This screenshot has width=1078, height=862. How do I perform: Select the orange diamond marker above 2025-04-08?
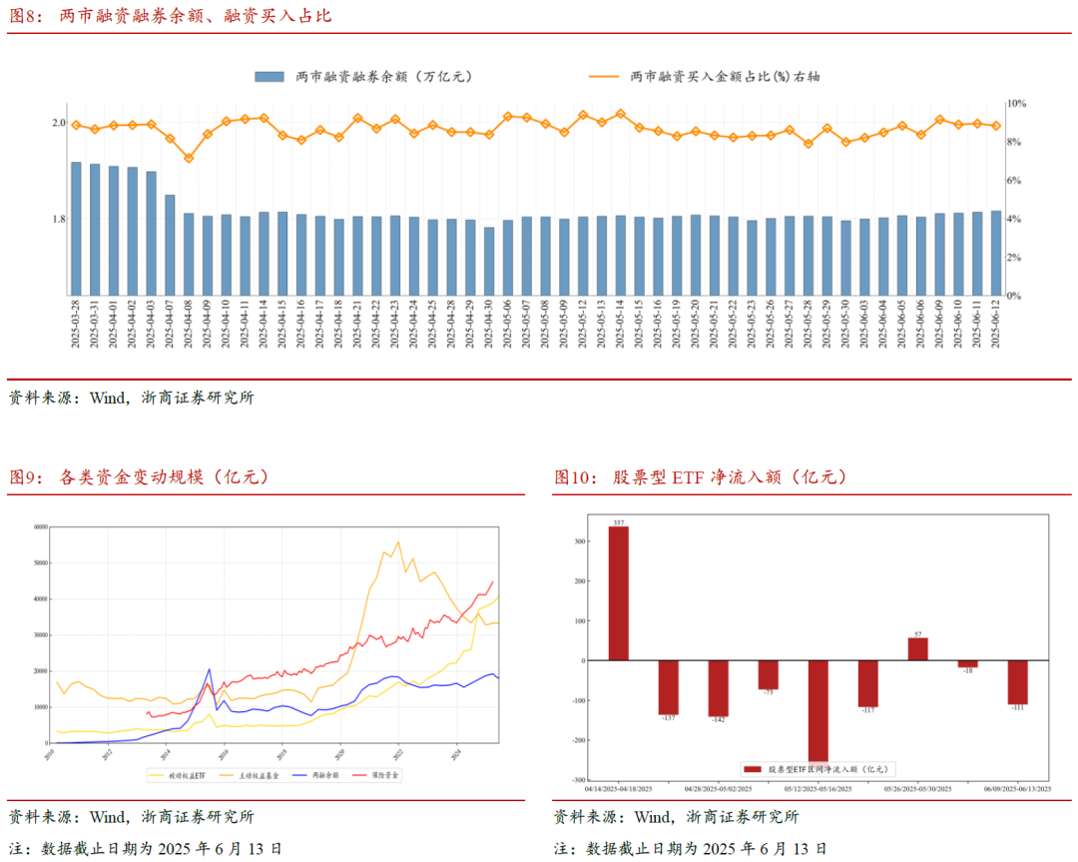point(189,158)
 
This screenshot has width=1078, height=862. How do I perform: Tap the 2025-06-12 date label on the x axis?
point(995,324)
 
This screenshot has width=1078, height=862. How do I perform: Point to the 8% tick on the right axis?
point(1014,142)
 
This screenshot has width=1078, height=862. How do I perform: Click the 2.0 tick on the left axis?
point(58,123)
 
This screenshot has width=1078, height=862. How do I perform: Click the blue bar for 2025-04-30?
point(489,261)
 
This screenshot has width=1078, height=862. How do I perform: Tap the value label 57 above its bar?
point(918,633)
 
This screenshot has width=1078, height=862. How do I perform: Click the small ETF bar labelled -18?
point(968,664)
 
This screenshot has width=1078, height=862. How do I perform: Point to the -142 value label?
point(719,721)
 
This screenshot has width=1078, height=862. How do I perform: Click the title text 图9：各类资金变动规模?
point(140,477)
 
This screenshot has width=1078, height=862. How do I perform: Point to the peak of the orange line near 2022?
point(398,542)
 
